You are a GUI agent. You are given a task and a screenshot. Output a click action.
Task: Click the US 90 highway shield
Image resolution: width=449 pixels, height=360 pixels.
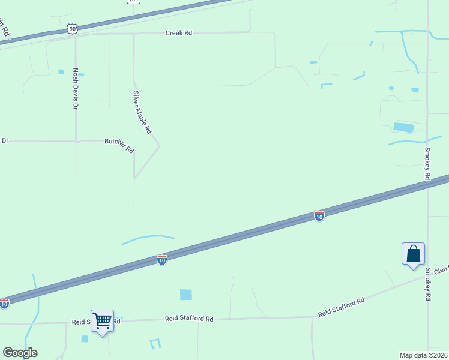72,28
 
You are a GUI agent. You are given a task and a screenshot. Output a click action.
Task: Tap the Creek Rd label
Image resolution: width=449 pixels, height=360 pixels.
179,33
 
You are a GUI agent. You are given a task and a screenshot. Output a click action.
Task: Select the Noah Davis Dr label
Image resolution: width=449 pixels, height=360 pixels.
76,88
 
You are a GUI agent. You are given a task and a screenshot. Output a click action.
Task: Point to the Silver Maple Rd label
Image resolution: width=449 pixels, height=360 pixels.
142,112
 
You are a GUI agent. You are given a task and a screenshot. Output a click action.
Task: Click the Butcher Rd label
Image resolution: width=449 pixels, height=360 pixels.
119,145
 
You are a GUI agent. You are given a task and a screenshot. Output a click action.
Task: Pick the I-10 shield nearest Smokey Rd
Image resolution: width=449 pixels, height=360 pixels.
319,216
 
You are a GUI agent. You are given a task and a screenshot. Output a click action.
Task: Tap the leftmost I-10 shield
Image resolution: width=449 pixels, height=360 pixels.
4,304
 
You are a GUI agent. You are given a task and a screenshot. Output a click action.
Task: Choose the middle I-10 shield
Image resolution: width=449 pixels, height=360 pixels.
162,259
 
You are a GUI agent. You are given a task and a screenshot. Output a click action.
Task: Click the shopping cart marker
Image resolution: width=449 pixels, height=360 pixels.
102,321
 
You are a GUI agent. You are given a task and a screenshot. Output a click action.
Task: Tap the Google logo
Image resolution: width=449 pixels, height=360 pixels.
20,353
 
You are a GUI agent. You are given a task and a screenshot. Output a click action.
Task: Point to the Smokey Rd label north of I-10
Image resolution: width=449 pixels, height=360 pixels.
427,163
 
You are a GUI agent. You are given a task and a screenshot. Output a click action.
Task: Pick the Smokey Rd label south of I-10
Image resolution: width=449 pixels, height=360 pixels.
428,284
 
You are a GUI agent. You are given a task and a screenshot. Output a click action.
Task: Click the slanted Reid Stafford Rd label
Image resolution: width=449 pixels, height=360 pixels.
341,307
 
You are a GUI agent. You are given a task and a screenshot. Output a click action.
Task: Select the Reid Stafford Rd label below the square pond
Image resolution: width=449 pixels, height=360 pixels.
190,319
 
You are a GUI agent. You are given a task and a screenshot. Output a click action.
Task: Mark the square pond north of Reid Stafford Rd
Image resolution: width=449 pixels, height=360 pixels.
186,295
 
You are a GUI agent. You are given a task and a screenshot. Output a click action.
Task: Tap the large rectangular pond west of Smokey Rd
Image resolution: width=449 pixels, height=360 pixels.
403,127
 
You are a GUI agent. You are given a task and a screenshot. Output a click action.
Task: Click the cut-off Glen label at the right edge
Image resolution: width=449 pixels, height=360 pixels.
441,271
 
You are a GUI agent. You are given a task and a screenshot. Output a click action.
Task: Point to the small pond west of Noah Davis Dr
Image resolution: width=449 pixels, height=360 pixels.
61,71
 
